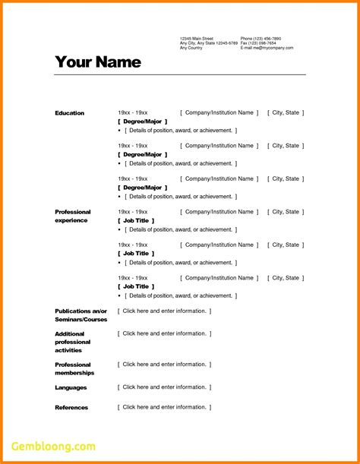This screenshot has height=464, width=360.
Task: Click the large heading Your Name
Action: point(98,62)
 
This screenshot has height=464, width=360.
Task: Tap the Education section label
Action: point(70,113)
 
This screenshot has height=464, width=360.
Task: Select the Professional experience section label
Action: point(72,216)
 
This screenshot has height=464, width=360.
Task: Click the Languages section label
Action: point(71,388)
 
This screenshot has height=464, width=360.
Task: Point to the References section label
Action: point(71,408)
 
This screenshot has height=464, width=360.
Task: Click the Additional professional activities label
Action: point(73,342)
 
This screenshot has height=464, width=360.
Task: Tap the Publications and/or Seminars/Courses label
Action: point(81,315)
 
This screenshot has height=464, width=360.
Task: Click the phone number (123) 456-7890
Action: point(261,38)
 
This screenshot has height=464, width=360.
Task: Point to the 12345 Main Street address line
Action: point(197,38)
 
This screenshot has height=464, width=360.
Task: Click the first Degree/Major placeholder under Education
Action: point(143,122)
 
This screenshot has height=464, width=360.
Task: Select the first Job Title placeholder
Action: point(137,220)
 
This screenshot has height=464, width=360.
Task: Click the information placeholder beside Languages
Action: point(164,387)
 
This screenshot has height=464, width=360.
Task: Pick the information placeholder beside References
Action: point(164,407)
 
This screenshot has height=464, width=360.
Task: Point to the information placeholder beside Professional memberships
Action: point(164,365)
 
